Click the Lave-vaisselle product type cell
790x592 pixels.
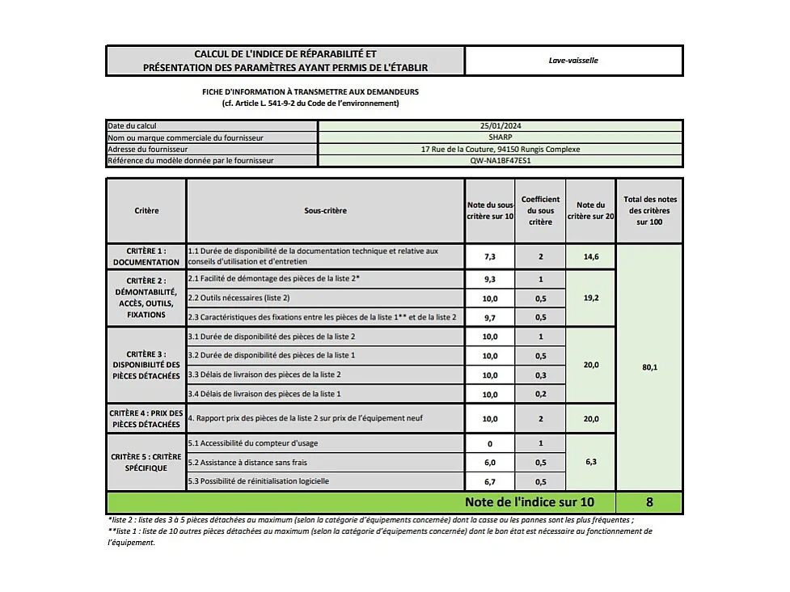(573, 61)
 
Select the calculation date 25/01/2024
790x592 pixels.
(501, 126)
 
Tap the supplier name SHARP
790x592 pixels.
(501, 137)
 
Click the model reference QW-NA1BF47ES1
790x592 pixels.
(501, 160)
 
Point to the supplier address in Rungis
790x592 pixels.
(501, 149)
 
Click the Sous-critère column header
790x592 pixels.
(325, 211)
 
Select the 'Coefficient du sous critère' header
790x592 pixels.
(540, 211)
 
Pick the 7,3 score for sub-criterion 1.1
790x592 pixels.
(489, 256)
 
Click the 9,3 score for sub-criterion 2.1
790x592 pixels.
(489, 279)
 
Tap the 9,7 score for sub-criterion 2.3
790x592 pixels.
(489, 318)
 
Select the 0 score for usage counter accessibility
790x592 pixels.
(489, 444)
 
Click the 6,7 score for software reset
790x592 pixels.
(489, 482)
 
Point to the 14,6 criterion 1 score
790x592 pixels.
(590, 256)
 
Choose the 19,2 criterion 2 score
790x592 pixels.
(590, 298)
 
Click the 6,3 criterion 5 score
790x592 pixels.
(590, 463)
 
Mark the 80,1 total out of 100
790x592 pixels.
(649, 367)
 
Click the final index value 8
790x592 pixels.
(649, 503)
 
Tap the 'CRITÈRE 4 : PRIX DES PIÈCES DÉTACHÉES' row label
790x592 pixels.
(146, 419)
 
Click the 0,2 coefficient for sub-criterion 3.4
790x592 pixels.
(540, 395)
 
